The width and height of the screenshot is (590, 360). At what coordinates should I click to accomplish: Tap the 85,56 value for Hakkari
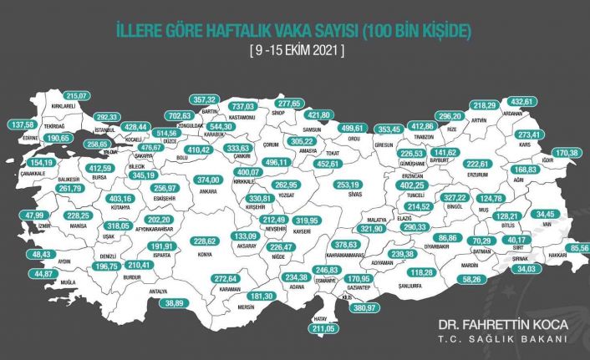click(x=575, y=248)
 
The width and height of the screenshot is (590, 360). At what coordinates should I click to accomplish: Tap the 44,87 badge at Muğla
click(x=43, y=273)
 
